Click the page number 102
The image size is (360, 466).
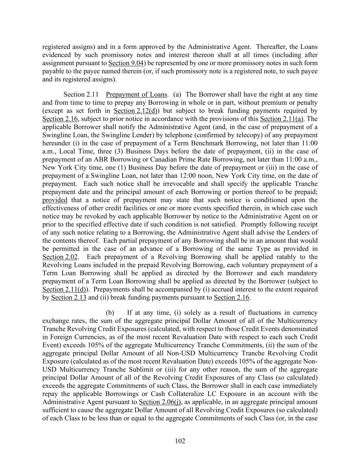click(x=180, y=441)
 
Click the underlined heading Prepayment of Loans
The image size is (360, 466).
click(x=136, y=95)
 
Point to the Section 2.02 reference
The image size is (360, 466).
click(x=60, y=257)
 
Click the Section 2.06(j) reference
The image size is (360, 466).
click(x=160, y=402)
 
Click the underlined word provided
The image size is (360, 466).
click(x=55, y=200)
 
